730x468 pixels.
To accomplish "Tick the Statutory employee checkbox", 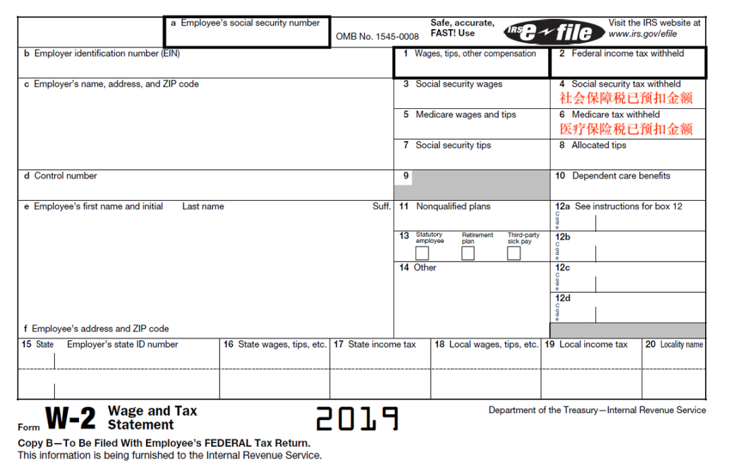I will pyautogui.click(x=422, y=254).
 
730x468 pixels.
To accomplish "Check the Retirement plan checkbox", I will pyautogui.click(x=468, y=254).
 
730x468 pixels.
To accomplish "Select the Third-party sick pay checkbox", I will pyautogui.click(x=514, y=254).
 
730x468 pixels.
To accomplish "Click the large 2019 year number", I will pyautogui.click(x=357, y=419).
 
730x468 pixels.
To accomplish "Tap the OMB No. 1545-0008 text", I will pyautogui.click(x=377, y=37).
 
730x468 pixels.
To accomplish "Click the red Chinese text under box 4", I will pyautogui.click(x=626, y=98).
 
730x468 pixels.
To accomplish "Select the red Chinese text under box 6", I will pyautogui.click(x=626, y=128).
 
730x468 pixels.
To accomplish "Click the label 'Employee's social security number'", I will pyautogui.click(x=250, y=23).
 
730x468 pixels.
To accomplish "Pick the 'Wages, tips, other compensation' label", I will pyautogui.click(x=474, y=53).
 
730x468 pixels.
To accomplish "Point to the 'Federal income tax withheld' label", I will pyautogui.click(x=627, y=53).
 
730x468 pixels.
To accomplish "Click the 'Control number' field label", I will pyautogui.click(x=66, y=176).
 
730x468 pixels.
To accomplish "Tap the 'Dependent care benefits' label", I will pyautogui.click(x=620, y=176).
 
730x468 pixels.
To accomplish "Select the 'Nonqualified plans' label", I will pyautogui.click(x=453, y=206).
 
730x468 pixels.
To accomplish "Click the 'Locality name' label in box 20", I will pyautogui.click(x=681, y=344).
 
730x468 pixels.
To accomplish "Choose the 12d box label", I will pyautogui.click(x=562, y=298).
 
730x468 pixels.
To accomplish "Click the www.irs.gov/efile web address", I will pyautogui.click(x=642, y=34).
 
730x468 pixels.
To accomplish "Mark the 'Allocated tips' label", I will pyautogui.click(x=599, y=145).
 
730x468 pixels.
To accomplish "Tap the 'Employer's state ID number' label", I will pyautogui.click(x=122, y=344).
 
